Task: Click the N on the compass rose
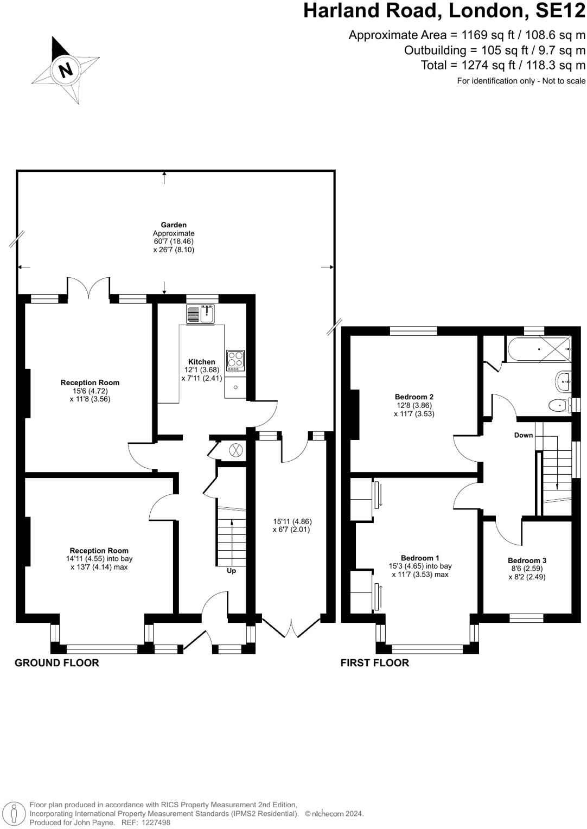coord(66,69)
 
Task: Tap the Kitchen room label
coord(201,361)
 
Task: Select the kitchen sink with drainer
coord(200,314)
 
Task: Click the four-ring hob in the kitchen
coord(235,360)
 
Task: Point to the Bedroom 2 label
coord(414,397)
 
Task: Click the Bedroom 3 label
coord(527,560)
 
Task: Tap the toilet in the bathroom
coord(560,406)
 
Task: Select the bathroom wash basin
coord(563,381)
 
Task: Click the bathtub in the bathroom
coord(539,349)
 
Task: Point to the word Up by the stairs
coord(231,571)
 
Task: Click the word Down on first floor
coord(524,435)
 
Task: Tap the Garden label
coord(174,225)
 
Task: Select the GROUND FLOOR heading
coord(57,663)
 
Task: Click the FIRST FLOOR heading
coord(375,663)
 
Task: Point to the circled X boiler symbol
coord(235,450)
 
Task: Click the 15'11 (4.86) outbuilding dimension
coord(292,521)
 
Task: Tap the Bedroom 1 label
coord(420,558)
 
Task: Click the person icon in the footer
coord(15,813)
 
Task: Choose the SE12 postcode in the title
coord(561,11)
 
